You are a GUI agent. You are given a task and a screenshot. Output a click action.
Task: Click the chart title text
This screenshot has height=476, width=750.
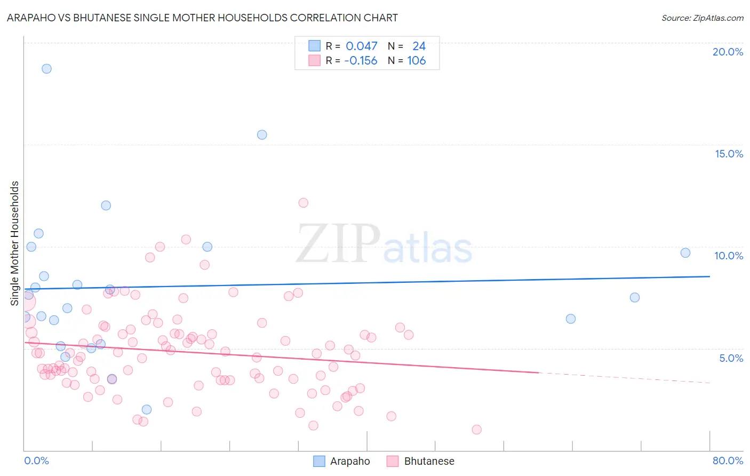tap(202, 18)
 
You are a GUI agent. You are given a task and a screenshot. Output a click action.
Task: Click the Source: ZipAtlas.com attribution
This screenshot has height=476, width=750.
tap(702, 18)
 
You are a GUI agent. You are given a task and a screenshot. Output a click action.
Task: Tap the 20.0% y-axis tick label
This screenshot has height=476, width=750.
tap(728, 52)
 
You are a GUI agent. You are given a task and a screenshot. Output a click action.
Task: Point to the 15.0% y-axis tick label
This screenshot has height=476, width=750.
tap(729, 154)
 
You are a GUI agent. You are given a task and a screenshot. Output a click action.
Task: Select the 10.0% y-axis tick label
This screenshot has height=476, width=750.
tap(729, 256)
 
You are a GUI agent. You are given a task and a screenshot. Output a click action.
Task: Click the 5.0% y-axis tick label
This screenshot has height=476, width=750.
tap(731, 358)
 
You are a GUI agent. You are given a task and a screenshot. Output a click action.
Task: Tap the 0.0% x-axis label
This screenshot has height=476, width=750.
tap(36, 461)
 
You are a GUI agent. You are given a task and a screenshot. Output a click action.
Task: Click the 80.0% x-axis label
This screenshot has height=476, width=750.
tap(728, 461)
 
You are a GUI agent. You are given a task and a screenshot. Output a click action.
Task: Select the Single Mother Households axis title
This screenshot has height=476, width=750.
tap(15, 243)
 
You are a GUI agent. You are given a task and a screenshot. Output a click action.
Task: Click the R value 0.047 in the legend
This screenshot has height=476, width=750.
tap(361, 46)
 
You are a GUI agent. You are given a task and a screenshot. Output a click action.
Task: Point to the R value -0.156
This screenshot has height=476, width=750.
tap(361, 61)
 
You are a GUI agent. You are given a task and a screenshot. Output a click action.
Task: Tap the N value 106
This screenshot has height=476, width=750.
tap(417, 61)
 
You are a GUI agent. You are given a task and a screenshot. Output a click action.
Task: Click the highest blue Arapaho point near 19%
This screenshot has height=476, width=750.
tap(46, 69)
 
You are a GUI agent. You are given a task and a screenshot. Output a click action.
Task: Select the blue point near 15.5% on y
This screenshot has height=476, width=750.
tap(262, 134)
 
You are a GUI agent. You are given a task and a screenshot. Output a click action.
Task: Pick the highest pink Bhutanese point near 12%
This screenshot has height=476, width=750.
tap(303, 203)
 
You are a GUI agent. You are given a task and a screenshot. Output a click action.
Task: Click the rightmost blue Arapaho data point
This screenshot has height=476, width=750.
tap(685, 253)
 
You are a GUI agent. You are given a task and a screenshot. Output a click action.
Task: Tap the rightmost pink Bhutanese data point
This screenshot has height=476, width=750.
tap(476, 430)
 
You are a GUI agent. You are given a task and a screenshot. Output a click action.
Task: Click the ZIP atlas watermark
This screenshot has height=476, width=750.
tap(384, 244)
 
